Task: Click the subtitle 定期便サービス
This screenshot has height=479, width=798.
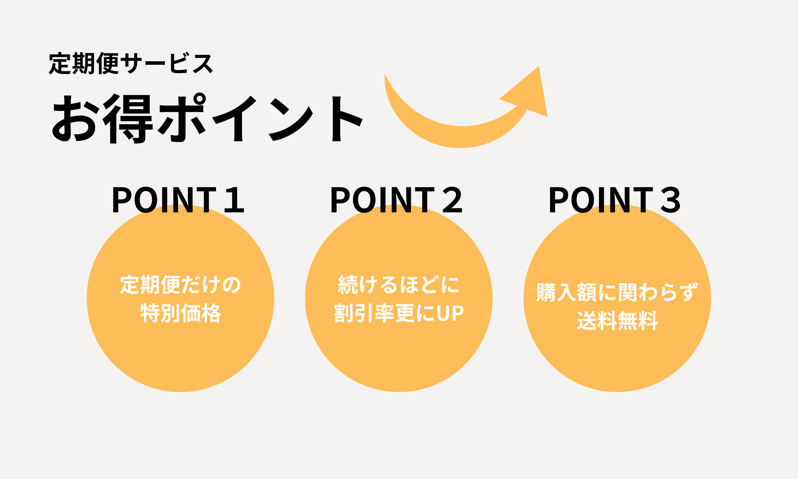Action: pos(131,63)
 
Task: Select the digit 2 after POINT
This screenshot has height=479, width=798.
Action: pos(452,200)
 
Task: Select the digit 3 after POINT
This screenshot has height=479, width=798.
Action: pos(671,200)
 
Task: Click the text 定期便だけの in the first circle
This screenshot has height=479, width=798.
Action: pos(180,285)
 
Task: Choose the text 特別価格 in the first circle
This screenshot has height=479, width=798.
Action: pos(180,313)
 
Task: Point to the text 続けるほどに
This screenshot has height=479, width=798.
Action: pos(399,285)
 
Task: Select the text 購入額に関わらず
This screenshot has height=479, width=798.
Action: pos(617,292)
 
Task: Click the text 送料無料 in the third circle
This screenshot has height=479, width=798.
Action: pos(617,321)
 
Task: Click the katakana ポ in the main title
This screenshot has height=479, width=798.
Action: pos(181,118)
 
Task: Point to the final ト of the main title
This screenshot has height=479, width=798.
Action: pos(346,119)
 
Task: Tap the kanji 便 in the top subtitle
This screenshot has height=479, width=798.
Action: pos(108,63)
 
